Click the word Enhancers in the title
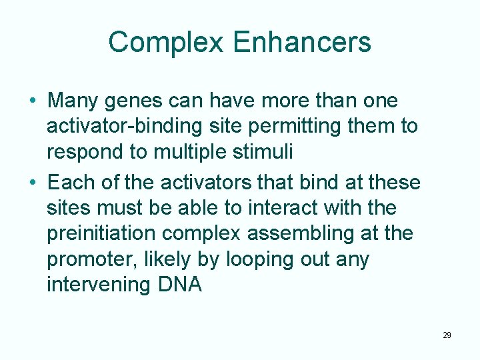[x=302, y=42]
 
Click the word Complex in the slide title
[x=165, y=42]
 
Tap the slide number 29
[x=447, y=335]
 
